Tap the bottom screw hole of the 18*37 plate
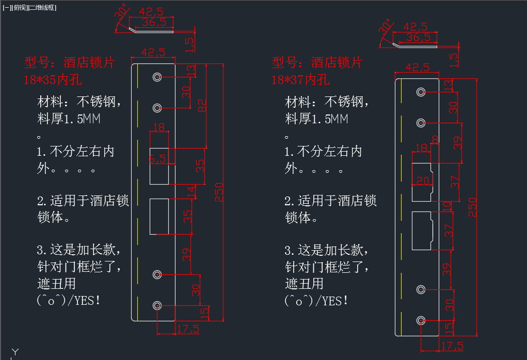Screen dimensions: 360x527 421,321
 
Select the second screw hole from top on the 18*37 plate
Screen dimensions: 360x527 421,123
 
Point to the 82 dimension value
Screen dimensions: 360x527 203,106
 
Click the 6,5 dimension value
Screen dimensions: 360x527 157,159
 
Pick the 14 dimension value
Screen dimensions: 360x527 191,192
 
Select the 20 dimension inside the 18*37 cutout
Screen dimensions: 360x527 422,180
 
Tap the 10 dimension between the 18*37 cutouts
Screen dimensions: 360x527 447,206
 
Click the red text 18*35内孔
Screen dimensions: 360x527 53,80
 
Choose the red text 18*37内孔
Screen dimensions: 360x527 300,80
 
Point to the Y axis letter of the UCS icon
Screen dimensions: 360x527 15,352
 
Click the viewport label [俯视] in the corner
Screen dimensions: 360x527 22,8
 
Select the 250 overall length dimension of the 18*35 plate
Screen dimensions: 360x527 220,193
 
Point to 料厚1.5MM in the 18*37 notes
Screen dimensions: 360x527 316,119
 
